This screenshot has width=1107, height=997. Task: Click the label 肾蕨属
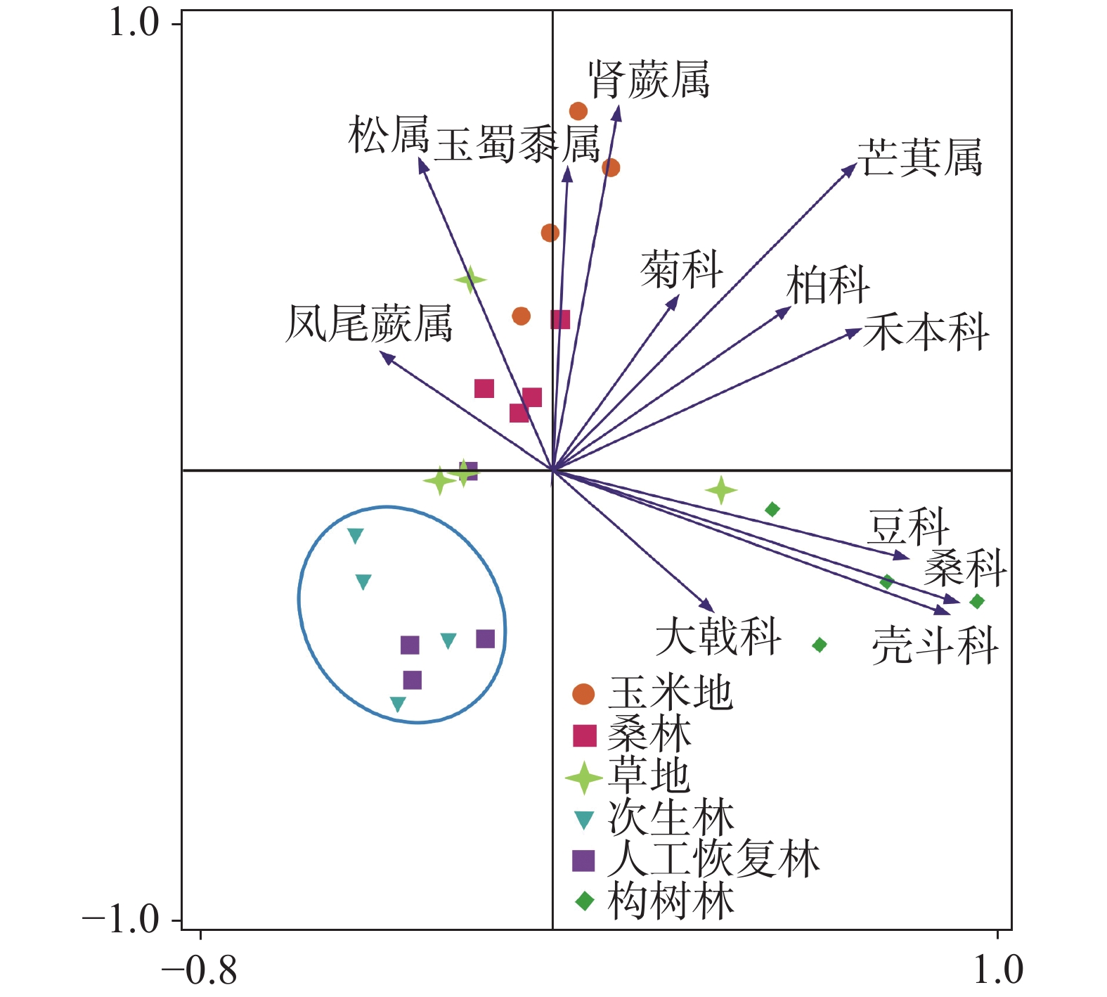pyautogui.click(x=649, y=79)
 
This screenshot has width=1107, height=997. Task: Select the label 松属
pyautogui.click(x=389, y=135)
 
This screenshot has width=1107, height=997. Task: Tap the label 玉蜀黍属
pyautogui.click(x=517, y=145)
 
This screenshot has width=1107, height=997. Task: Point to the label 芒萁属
pyautogui.click(x=919, y=157)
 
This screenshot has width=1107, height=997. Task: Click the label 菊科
pyautogui.click(x=681, y=270)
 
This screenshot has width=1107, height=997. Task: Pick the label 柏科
pyautogui.click(x=828, y=285)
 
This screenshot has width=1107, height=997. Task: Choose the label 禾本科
pyautogui.click(x=926, y=332)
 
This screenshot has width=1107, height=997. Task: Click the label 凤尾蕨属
pyautogui.click(x=369, y=323)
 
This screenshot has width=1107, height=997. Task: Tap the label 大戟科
pyautogui.click(x=718, y=636)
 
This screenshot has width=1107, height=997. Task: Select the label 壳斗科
pyautogui.click(x=935, y=645)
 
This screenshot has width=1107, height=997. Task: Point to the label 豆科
pyautogui.click(x=908, y=527)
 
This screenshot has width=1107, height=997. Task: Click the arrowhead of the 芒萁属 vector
pyautogui.click(x=852, y=168)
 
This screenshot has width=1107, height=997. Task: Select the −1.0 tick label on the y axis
pyautogui.click(x=122, y=919)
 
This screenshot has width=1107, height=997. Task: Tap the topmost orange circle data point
pyautogui.click(x=578, y=111)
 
